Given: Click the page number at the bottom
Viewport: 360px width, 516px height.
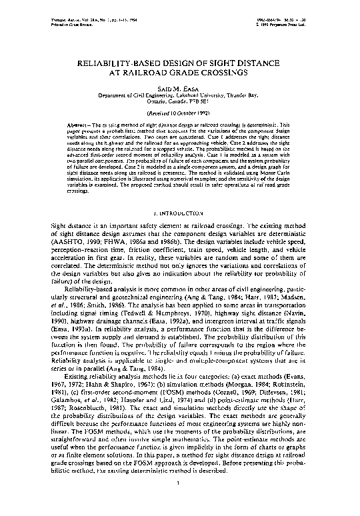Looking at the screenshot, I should pos(180,501).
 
